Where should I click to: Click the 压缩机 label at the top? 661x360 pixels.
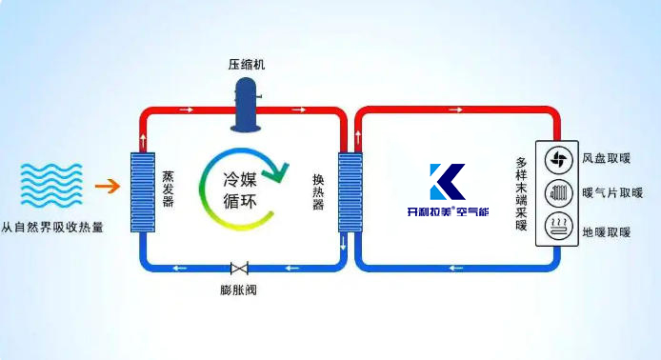coord(246,64)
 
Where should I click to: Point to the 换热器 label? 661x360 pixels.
coord(319,190)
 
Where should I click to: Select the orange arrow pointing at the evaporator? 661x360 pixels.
coord(110,187)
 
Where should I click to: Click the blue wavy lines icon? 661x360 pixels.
coord(49,188)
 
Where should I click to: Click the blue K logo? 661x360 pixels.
coord(445,183)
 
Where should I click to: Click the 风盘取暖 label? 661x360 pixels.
coord(606,159)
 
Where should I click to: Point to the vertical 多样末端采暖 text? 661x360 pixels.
coord(521,191)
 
